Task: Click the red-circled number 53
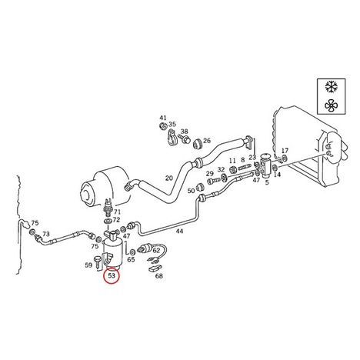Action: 112,275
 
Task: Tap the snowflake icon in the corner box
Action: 331,87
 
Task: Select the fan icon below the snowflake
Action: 331,105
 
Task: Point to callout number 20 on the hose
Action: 169,178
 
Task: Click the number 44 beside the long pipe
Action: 179,231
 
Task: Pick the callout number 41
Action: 163,118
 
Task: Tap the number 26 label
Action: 207,141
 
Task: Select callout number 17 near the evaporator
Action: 285,150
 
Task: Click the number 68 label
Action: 159,276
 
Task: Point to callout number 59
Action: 88,265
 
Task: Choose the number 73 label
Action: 46,234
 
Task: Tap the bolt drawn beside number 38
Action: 185,139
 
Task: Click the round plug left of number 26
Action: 197,143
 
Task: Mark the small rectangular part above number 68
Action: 155,268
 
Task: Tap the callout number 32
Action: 221,169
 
